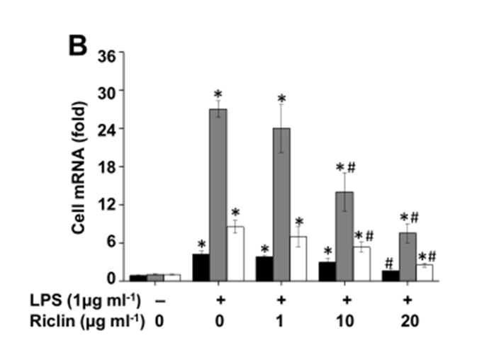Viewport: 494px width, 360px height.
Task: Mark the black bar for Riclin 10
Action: coord(327,271)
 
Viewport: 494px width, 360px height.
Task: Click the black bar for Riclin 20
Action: coord(390,276)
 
